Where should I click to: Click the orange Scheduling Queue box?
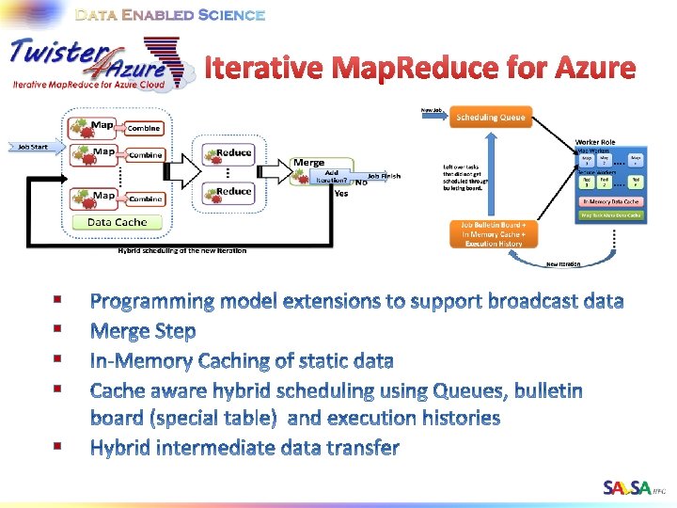tap(491, 118)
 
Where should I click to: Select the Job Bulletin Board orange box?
tap(493, 234)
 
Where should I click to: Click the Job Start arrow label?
tap(33, 147)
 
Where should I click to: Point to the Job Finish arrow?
tap(383, 176)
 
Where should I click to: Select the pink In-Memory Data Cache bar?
tap(612, 201)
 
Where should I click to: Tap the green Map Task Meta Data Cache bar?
tap(612, 215)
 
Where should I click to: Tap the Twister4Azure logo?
tap(89, 61)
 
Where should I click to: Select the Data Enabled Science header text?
tap(170, 15)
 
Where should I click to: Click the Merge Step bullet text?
tap(143, 331)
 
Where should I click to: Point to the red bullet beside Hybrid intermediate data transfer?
tap(58, 445)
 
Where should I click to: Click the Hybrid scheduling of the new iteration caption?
tap(181, 251)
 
